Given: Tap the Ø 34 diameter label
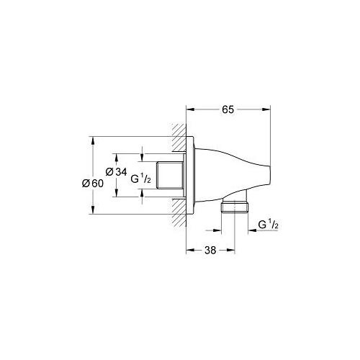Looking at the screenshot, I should point(117,171).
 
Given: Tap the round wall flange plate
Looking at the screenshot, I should point(190,176).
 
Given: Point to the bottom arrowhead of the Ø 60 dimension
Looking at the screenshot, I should point(92,211).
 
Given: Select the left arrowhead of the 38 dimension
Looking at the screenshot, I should point(189,251).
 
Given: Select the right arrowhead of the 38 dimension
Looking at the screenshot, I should point(231,251).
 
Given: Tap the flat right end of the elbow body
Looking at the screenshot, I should point(270,176).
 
